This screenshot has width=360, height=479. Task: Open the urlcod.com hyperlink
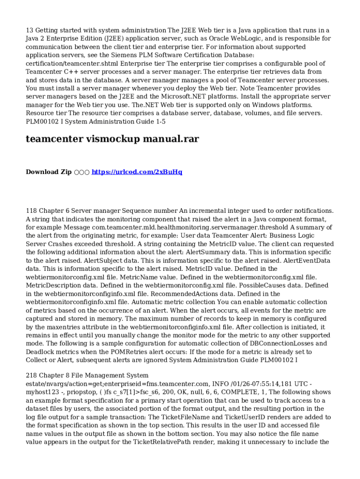click(137, 172)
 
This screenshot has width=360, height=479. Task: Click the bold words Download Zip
click(49, 172)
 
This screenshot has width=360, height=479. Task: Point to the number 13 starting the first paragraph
click(29, 30)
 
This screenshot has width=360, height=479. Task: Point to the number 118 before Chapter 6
click(31, 211)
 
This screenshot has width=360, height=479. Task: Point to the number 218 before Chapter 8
click(31, 376)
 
